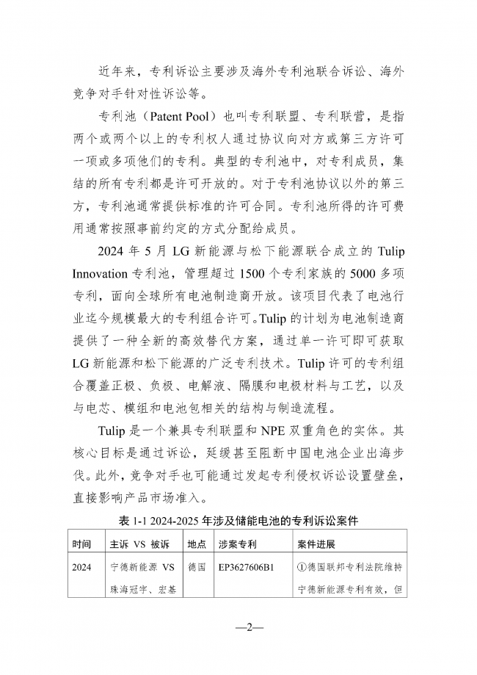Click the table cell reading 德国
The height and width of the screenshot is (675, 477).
[196, 568]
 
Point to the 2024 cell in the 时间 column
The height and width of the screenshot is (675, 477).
[82, 568]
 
